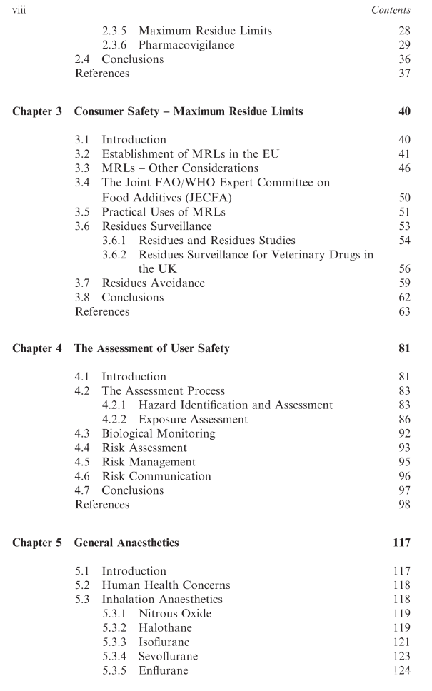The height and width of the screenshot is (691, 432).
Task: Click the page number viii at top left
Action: tap(21, 10)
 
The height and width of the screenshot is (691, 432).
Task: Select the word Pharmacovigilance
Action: tap(186, 45)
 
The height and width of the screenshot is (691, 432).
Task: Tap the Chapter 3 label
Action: tap(37, 111)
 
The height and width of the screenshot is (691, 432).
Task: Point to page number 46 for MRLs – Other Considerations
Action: tap(403, 168)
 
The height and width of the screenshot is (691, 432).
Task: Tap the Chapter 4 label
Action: tap(37, 348)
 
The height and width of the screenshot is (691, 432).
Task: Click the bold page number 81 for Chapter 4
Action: tap(403, 348)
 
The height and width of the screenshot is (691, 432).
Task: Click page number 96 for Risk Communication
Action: tap(403, 476)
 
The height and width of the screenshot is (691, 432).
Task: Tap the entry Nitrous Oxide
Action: tap(175, 613)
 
